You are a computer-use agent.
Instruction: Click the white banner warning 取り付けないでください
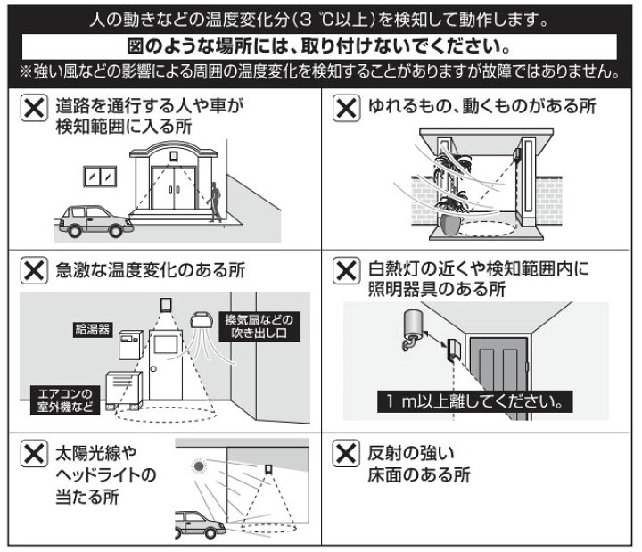(320, 44)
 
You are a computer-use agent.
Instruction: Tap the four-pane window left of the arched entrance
(101, 177)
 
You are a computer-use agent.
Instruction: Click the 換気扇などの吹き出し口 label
(258, 325)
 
